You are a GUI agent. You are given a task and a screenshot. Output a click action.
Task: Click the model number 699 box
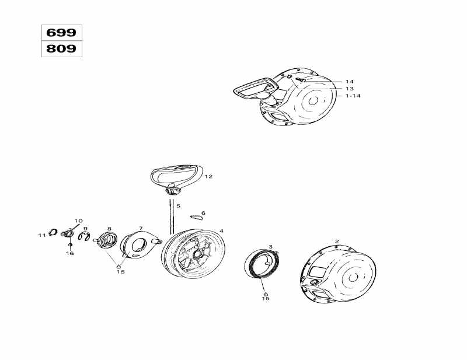pos(61,33)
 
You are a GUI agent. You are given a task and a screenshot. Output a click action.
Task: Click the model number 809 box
pos(61,49)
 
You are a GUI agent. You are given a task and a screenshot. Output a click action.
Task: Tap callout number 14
pos(349,81)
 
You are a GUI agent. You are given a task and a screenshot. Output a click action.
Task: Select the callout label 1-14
pos(353,95)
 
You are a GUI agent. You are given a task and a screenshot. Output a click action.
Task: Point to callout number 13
pos(349,88)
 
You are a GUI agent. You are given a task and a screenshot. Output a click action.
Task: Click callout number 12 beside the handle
pos(208,176)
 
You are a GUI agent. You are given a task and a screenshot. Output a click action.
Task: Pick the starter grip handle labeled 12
pos(175,174)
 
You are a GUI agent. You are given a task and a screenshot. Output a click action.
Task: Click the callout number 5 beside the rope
pos(178,206)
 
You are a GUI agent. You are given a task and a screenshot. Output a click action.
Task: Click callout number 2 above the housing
pos(336,240)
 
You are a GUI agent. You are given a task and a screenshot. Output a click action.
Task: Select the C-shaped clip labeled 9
pos(84,237)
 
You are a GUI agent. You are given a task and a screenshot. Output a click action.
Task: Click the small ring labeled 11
pos(52,233)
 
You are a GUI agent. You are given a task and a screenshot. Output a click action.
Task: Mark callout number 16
pos(70,253)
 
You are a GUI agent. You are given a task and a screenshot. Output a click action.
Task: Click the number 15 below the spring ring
pos(266,298)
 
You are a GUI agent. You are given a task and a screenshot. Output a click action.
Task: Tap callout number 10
pos(79,221)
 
